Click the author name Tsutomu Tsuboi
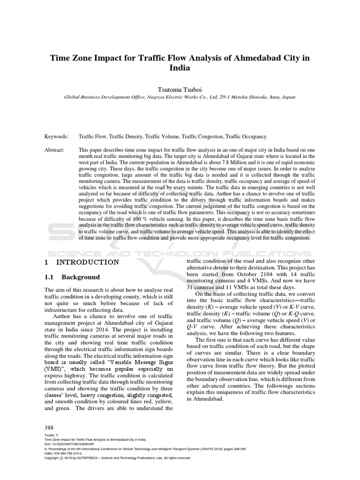point(180,89)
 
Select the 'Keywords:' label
point(57,136)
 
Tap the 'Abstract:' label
point(55,150)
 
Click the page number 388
point(49,428)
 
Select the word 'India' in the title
point(180,67)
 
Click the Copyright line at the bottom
point(117,458)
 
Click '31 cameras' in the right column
point(202,287)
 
